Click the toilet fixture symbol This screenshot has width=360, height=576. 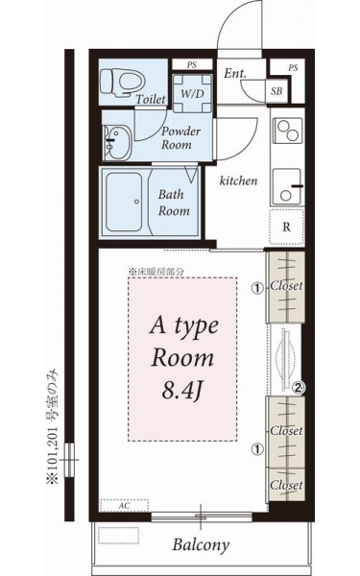[x=122, y=83]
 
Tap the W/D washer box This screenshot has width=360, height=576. [x=192, y=93]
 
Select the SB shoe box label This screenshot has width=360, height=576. [x=276, y=91]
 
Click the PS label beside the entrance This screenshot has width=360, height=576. [x=293, y=68]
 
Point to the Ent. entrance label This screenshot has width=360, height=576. [x=235, y=73]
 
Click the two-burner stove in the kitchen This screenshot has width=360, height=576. [x=288, y=131]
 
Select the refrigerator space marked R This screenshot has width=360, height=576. [x=286, y=227]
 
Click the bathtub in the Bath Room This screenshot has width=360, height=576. [x=124, y=202]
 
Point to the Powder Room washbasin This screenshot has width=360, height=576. [x=116, y=142]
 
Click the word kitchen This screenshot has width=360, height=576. [x=238, y=180]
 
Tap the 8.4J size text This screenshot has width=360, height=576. [x=182, y=392]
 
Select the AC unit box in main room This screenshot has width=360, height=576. [x=125, y=506]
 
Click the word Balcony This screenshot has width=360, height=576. [x=201, y=545]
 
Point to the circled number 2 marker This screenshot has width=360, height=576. [x=299, y=387]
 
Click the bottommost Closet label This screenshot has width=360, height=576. [x=286, y=485]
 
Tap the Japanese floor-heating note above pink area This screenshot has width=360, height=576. [x=156, y=273]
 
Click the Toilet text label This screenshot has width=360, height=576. [x=151, y=99]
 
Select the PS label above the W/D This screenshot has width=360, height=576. [x=191, y=65]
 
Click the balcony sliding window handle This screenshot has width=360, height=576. [x=201, y=516]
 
